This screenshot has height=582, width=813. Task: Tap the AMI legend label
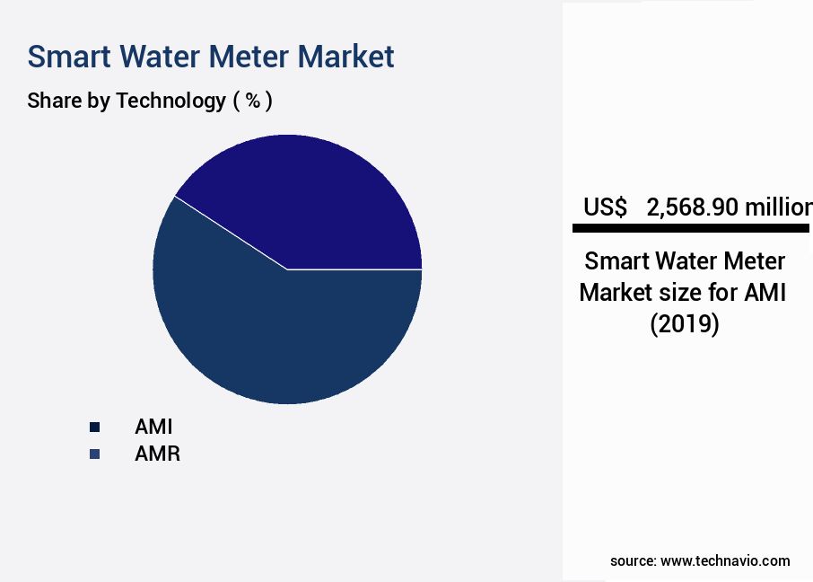point(153,427)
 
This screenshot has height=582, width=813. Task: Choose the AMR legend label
point(157,454)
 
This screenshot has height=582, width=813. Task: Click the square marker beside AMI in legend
point(94,428)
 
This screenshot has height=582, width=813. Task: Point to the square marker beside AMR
point(94,454)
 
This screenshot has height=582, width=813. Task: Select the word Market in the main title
point(345,57)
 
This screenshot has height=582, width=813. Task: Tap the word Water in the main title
point(158,57)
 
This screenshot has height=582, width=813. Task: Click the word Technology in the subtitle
point(170,101)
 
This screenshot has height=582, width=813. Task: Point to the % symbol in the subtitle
point(253,101)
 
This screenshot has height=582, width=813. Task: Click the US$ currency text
point(605,207)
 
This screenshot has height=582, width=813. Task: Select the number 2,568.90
point(692,207)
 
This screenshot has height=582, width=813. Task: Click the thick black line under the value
point(691,229)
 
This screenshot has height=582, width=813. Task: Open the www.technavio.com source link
point(725,560)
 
